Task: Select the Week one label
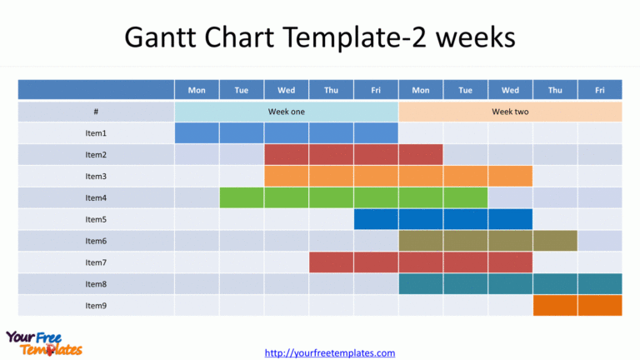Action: (x=286, y=112)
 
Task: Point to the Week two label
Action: (x=509, y=112)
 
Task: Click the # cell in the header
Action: (x=96, y=112)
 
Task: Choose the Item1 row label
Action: (x=96, y=133)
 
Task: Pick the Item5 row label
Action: (x=96, y=220)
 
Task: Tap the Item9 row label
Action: (x=96, y=306)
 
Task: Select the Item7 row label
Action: (x=96, y=262)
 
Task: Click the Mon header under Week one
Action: (x=197, y=90)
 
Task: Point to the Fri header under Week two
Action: (x=599, y=90)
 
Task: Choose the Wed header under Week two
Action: (x=510, y=90)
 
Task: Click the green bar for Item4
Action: (x=353, y=197)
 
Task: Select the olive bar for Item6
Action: (x=487, y=241)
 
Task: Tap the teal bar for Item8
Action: (x=510, y=284)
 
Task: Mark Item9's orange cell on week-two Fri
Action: (x=599, y=306)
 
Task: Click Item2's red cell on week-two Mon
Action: (x=420, y=154)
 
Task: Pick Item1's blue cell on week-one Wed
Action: (x=286, y=133)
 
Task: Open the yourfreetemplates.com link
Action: (x=330, y=352)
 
